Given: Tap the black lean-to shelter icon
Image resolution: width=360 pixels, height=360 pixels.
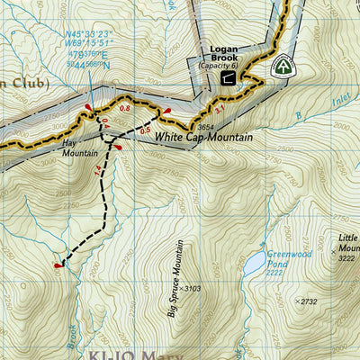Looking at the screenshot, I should pos(228,78).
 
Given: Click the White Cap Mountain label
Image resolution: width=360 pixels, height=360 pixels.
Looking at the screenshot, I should pos(203,138).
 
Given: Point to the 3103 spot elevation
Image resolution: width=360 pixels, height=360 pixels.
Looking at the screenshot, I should pos(188,289).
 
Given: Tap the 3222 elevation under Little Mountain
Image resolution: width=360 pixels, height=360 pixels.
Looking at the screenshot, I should pos(346,258).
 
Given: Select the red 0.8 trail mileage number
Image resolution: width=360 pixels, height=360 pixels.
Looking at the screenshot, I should pos(125,109).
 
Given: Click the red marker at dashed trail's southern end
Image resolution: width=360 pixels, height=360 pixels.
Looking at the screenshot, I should pos(59,265).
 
